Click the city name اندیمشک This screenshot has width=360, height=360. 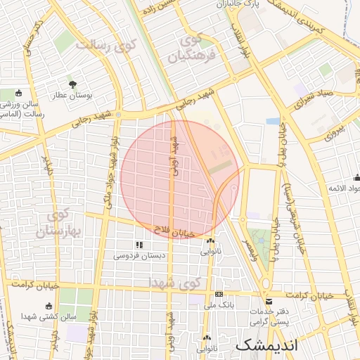[267, 345]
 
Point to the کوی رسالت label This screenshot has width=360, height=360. [105, 47]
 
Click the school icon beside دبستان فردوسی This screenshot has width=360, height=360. [139, 245]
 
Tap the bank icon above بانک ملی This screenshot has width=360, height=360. [219, 294]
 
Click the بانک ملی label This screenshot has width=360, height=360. [218, 304]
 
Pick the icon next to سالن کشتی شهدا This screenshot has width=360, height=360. [49, 306]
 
